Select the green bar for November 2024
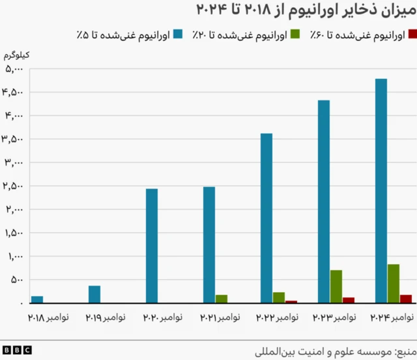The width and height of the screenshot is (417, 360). (393, 284)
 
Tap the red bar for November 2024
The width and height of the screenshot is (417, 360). (406, 299)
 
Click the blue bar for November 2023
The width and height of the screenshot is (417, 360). (323, 202)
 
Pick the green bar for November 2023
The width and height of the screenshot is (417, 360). (336, 286)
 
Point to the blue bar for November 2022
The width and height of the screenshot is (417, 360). (266, 218)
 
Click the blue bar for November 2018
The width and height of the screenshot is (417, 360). (37, 299)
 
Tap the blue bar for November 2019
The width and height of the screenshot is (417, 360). (94, 294)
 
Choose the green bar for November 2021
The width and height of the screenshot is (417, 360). (222, 299)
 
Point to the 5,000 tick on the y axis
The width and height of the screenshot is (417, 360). (14, 68)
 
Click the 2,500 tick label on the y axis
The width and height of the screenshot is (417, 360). (14, 186)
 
